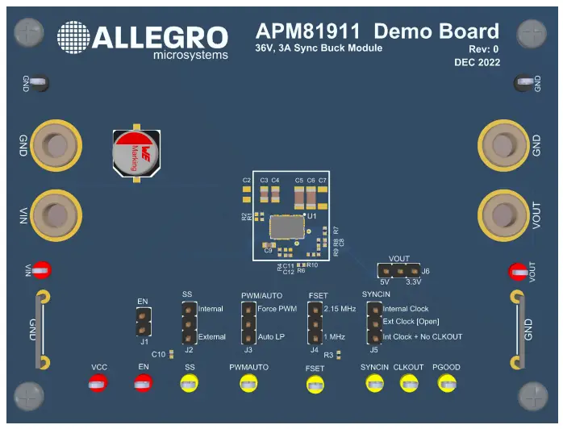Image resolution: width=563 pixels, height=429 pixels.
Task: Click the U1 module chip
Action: click(x=288, y=227)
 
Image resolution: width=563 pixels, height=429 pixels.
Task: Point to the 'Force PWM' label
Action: click(x=277, y=309)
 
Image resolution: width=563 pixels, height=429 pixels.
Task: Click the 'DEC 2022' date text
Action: click(x=477, y=62)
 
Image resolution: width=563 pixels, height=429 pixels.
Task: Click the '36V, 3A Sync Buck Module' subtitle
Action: click(x=319, y=48)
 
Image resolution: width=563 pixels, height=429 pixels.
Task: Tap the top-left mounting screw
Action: click(x=30, y=32)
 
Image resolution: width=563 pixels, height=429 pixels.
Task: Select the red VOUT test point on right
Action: click(x=516, y=273)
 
